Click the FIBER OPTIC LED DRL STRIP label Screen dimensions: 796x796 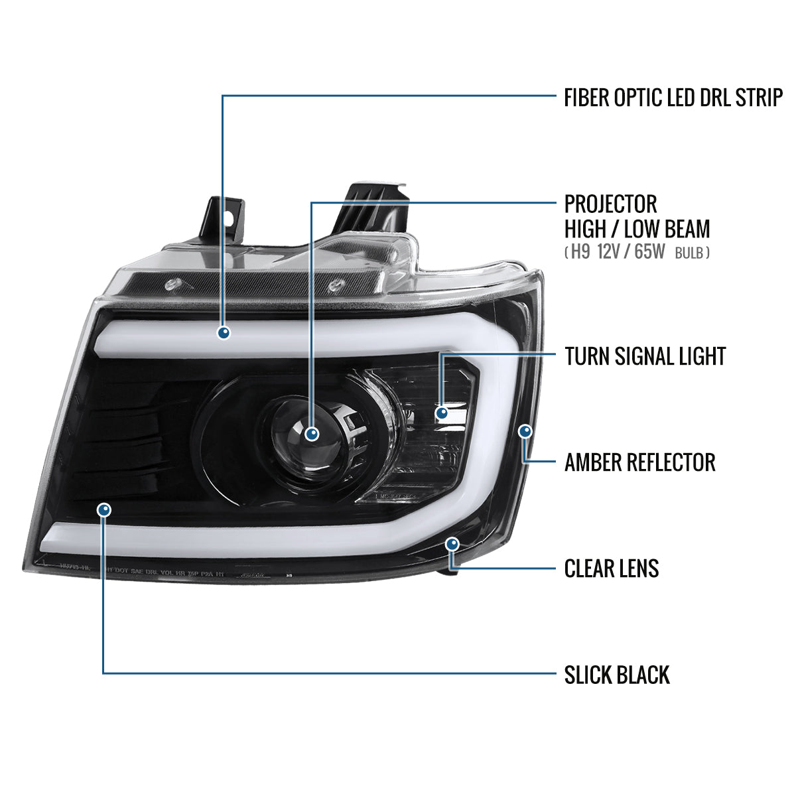click(673, 98)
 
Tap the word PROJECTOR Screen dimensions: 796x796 click(610, 204)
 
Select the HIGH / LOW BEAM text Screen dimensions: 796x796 click(637, 229)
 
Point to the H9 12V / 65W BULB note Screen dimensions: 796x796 click(637, 253)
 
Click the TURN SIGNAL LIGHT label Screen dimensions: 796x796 click(645, 356)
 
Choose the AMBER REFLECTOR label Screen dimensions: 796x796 click(639, 462)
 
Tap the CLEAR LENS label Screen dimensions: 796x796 click(611, 568)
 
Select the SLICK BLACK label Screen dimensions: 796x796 click(617, 675)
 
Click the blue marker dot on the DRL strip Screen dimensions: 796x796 click(224, 332)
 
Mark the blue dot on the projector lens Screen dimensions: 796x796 click(312, 434)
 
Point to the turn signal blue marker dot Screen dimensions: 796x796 click(442, 413)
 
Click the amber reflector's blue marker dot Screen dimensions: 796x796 click(525, 432)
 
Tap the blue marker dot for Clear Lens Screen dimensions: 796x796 click(452, 544)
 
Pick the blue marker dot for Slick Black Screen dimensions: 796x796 click(103, 509)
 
